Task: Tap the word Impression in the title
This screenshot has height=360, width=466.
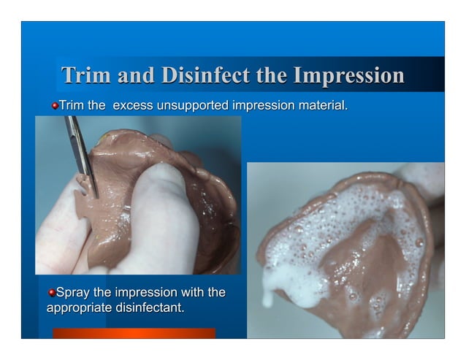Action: [x=348, y=76]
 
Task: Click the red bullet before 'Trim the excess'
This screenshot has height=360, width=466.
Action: [x=54, y=107]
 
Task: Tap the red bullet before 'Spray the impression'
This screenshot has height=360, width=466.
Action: [x=51, y=294]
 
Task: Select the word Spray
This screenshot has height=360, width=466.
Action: [x=72, y=294]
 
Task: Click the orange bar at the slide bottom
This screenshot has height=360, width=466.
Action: [x=134, y=333]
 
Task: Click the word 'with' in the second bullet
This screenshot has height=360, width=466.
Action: [x=192, y=294]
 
